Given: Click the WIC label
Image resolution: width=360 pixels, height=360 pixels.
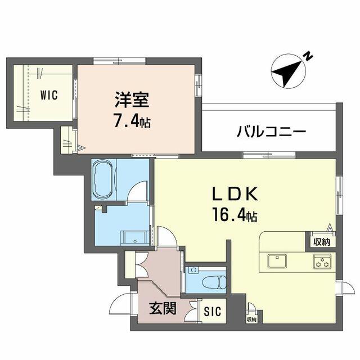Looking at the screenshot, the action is [x=49, y=95].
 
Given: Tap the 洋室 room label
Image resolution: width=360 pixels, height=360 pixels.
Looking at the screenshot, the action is [x=132, y=100].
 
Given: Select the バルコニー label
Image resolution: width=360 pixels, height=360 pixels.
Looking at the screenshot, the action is [x=271, y=131].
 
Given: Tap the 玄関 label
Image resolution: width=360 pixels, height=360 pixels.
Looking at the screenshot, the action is [x=163, y=308].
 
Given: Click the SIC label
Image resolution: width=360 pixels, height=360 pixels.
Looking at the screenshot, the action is [x=213, y=311].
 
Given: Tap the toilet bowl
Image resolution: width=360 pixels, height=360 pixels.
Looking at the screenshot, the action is [x=214, y=282].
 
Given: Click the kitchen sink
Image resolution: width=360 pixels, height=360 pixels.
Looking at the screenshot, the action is [x=277, y=261].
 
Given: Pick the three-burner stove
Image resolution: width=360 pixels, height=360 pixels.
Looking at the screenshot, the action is [x=322, y=261].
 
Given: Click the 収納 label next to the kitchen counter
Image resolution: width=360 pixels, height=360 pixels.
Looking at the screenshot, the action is [x=322, y=242].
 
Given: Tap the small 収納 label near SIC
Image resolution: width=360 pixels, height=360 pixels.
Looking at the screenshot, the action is [x=251, y=319].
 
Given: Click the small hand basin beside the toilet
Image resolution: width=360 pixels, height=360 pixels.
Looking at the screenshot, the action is [x=194, y=270].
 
